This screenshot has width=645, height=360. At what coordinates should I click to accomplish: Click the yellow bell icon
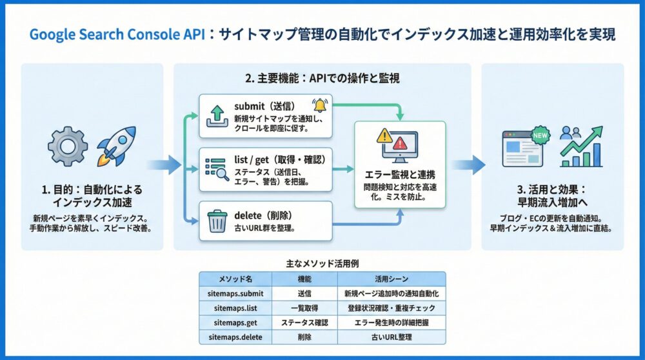(319, 106)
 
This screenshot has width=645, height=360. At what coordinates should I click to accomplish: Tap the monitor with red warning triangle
(399, 146)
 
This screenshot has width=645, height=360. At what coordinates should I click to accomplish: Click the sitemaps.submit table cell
(235, 294)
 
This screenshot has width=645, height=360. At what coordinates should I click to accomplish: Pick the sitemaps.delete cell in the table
(235, 337)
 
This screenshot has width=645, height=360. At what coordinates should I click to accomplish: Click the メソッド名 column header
(235, 279)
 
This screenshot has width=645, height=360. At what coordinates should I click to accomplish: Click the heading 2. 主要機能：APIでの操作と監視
(322, 79)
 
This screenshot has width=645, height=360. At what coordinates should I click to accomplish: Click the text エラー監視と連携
(399, 175)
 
